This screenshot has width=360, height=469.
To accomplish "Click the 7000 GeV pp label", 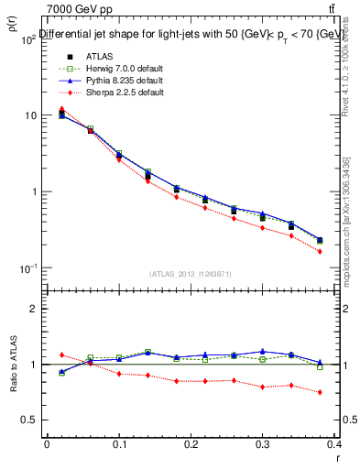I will (72, 8).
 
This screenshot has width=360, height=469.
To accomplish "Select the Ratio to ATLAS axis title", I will (12, 366).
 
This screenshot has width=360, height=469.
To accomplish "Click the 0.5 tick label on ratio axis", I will (30, 420).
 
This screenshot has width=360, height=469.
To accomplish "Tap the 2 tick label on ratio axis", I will (35, 309).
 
